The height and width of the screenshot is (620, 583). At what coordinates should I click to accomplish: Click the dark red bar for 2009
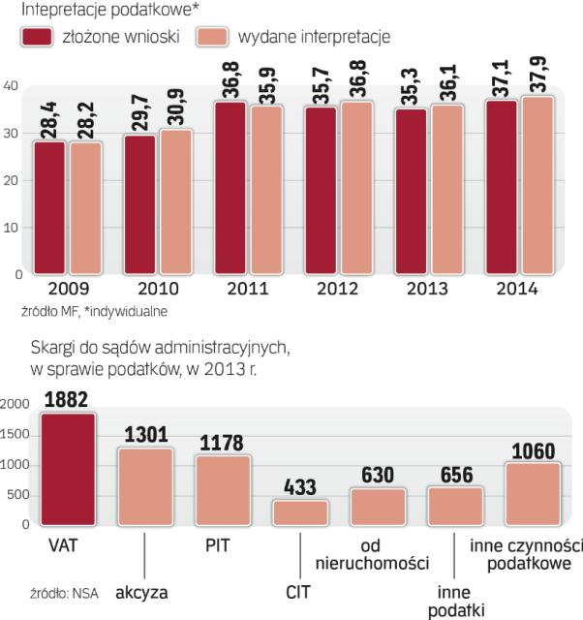click(49, 207)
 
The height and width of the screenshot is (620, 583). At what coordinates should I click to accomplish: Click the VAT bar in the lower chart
click(68, 470)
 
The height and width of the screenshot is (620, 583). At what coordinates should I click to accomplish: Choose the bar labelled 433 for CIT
click(300, 512)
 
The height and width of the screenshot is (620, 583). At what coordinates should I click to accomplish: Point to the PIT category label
click(224, 545)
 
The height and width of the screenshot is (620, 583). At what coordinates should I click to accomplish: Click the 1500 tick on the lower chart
click(16, 435)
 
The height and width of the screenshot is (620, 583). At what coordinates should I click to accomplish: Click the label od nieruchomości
click(379, 555)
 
